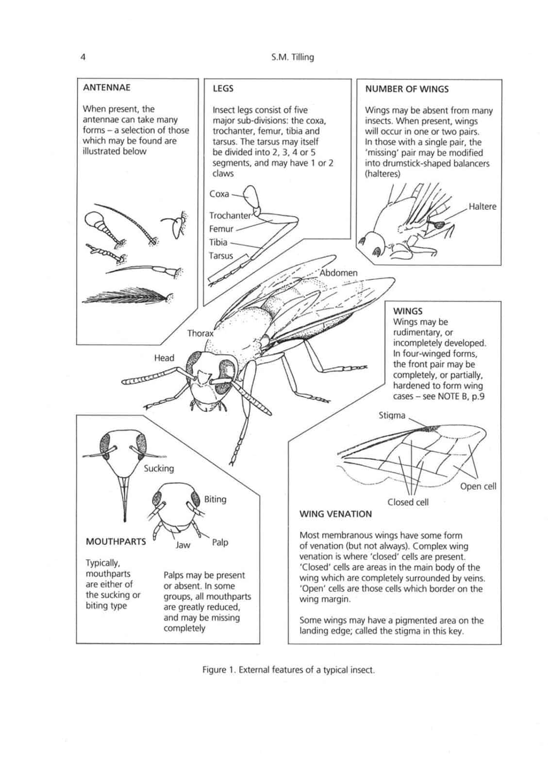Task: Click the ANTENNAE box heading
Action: click(x=106, y=88)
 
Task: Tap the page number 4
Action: click(x=83, y=57)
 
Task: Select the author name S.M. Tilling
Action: click(x=293, y=57)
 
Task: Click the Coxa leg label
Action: click(x=219, y=194)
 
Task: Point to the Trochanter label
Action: click(x=230, y=215)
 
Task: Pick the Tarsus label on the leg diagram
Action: click(x=221, y=255)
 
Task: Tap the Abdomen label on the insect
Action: click(x=338, y=273)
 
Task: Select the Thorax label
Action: click(x=200, y=333)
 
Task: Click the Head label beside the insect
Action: click(x=164, y=358)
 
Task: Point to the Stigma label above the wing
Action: click(x=391, y=415)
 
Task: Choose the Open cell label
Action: click(x=478, y=486)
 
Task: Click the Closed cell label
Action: click(x=408, y=502)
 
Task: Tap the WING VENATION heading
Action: click(x=335, y=514)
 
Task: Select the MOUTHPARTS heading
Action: click(x=116, y=541)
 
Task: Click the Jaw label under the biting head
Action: click(x=183, y=545)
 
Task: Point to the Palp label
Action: click(x=220, y=542)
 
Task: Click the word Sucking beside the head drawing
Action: click(x=159, y=468)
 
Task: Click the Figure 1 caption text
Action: click(x=288, y=670)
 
